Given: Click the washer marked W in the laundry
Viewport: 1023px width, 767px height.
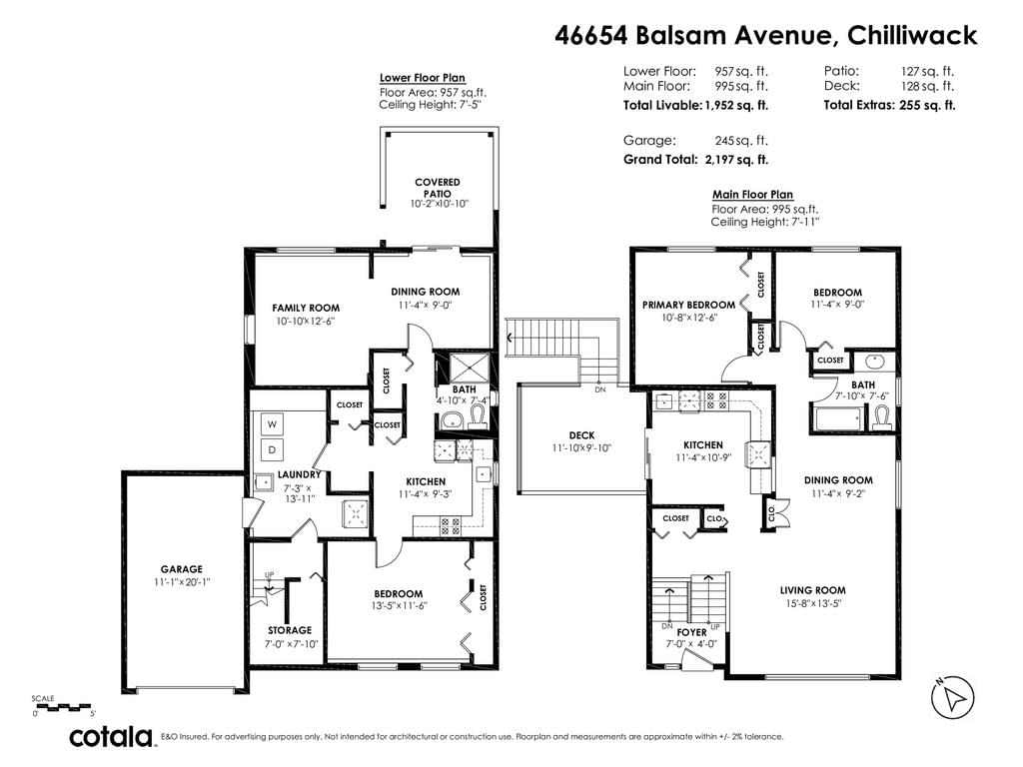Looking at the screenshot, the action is point(272,423).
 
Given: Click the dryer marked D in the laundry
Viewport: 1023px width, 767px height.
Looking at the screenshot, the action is point(272,449).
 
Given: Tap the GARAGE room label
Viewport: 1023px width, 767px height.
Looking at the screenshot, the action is point(182,569).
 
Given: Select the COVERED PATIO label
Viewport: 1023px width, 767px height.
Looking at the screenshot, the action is point(438,188).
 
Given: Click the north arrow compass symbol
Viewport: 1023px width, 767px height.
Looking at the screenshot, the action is point(952,697).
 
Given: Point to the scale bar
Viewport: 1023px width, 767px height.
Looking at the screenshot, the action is point(62,706).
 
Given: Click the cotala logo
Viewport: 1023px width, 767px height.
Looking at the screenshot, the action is point(111,736).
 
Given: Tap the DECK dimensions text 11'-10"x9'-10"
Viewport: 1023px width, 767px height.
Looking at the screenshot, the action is point(581,448).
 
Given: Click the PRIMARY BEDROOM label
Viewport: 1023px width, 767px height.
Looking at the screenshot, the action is point(688,305).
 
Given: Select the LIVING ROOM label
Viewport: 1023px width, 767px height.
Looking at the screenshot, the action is point(813,590).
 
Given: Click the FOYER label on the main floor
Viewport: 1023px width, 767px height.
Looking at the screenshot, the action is point(691,632).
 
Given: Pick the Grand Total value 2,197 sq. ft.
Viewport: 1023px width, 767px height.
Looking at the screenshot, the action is point(736,159).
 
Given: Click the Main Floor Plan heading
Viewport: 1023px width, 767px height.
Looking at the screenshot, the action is point(752,195).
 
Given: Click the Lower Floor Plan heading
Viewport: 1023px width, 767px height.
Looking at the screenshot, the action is point(423,78).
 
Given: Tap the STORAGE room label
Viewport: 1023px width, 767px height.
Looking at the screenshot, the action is point(290,630).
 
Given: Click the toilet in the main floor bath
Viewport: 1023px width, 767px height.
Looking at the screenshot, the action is point(882,417).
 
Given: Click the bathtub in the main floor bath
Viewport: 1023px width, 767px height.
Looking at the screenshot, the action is point(838,418).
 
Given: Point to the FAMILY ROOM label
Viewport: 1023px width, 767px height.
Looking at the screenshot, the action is point(306,308).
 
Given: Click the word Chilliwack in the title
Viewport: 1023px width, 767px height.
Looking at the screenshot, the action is point(912,35).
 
